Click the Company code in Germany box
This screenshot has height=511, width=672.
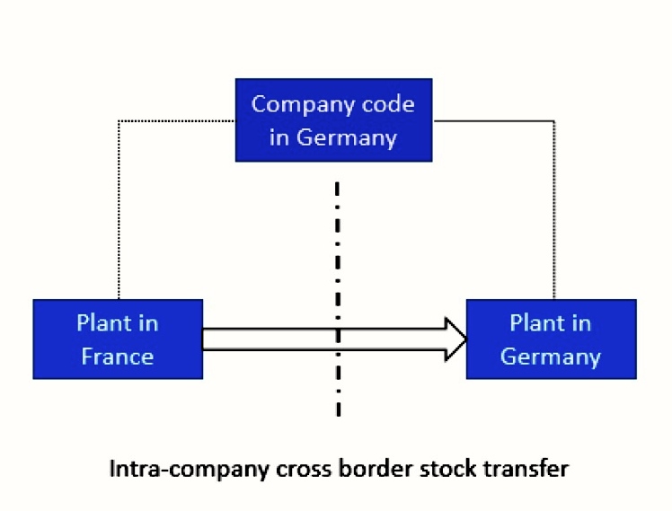click(x=333, y=120)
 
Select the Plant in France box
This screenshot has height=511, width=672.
click(x=118, y=339)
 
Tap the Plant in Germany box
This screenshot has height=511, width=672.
click(x=551, y=339)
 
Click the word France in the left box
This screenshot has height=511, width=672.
click(x=118, y=357)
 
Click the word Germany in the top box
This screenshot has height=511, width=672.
click(x=346, y=137)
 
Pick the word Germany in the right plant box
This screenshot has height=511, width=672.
click(x=551, y=357)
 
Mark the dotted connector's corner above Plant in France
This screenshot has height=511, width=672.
click(x=119, y=120)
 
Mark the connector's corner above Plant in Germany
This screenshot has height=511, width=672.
click(x=553, y=120)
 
